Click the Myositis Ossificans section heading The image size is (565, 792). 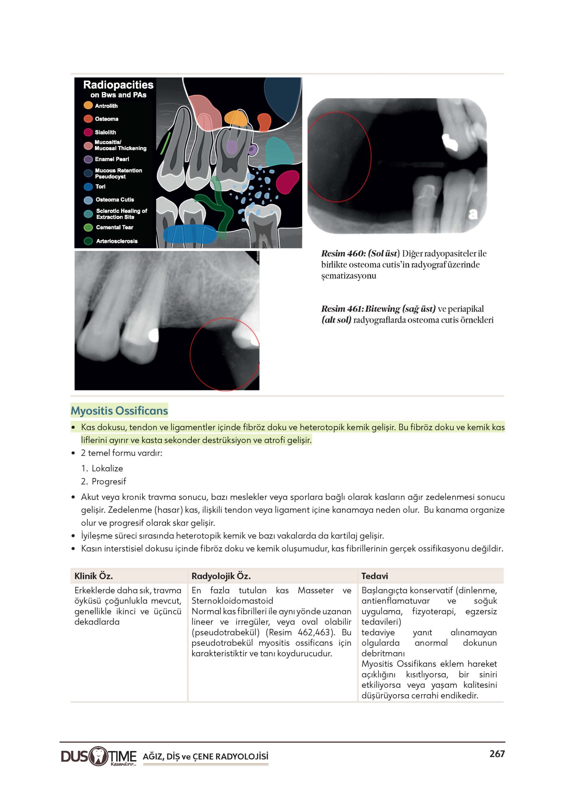point(119,411)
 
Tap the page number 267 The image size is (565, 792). point(497,754)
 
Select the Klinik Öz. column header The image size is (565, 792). point(93,576)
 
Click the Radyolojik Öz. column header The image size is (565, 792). point(221,576)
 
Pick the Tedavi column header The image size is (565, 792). point(374,576)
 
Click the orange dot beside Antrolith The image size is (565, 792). point(88,105)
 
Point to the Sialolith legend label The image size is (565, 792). point(106,132)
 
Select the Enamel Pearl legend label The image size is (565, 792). point(112,159)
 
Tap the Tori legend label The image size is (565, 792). point(100,187)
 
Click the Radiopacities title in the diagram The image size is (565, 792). point(118,85)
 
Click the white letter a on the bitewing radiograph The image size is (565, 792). point(472,214)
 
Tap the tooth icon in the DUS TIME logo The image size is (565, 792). point(99,756)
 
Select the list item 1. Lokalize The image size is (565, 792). point(102,468)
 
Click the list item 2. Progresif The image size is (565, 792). point(103,481)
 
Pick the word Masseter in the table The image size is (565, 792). point(315,590)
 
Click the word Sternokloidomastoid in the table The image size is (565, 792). point(232,601)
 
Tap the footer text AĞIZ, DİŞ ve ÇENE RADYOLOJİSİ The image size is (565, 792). point(205,756)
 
